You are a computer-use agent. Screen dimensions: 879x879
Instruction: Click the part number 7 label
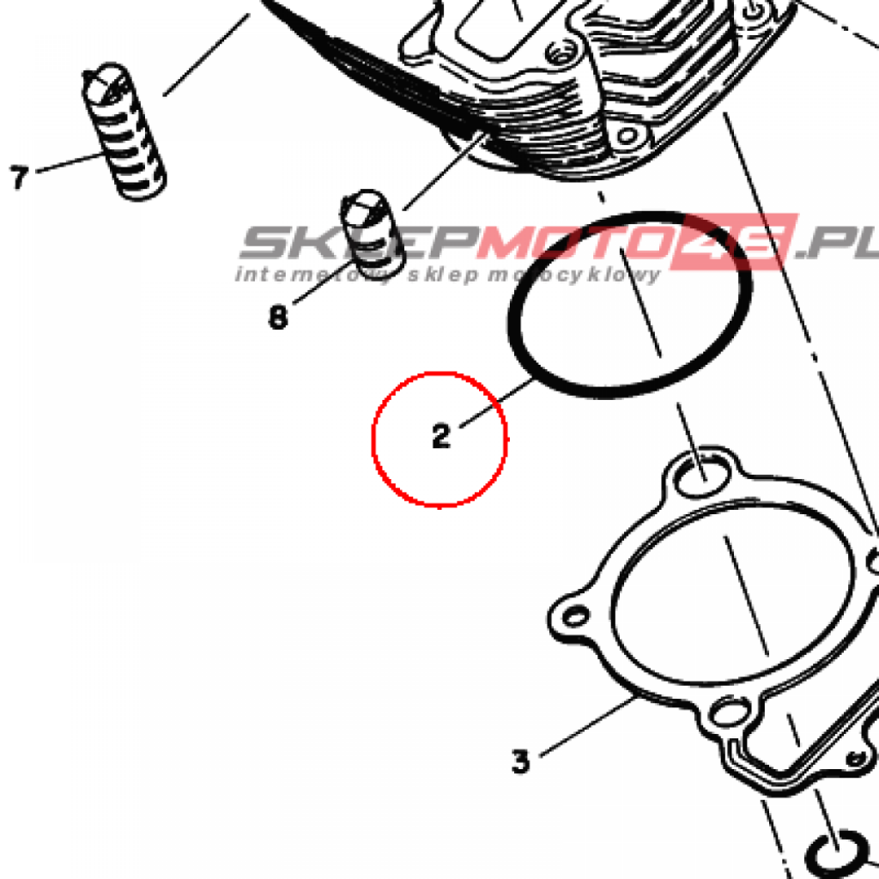tap(19, 178)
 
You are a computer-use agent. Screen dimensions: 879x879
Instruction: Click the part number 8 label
tap(278, 318)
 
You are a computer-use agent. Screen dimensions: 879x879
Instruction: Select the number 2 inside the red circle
tap(441, 436)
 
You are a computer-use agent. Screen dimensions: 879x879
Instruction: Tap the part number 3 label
tap(520, 761)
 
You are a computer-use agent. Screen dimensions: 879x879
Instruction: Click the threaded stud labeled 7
tap(124, 131)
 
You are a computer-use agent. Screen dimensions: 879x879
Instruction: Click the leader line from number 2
tap(497, 403)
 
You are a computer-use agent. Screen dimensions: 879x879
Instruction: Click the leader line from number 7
tap(70, 162)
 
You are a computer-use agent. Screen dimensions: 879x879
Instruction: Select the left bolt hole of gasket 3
tap(576, 616)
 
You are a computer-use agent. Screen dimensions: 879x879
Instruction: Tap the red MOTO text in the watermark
tap(574, 242)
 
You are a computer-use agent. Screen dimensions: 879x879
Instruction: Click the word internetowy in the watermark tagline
tap(314, 275)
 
